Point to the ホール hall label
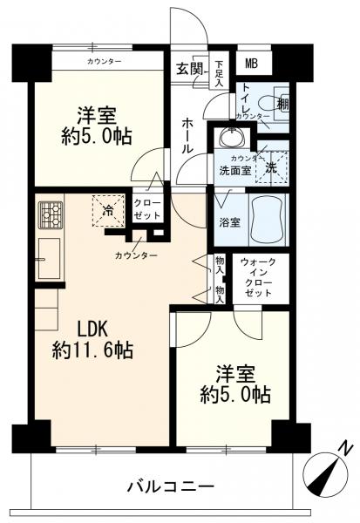click(x=186, y=137)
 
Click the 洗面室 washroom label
click(x=234, y=172)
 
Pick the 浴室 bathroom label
click(x=228, y=221)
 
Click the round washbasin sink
click(x=231, y=138)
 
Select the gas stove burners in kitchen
click(x=50, y=212)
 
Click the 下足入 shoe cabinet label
click(x=220, y=72)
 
